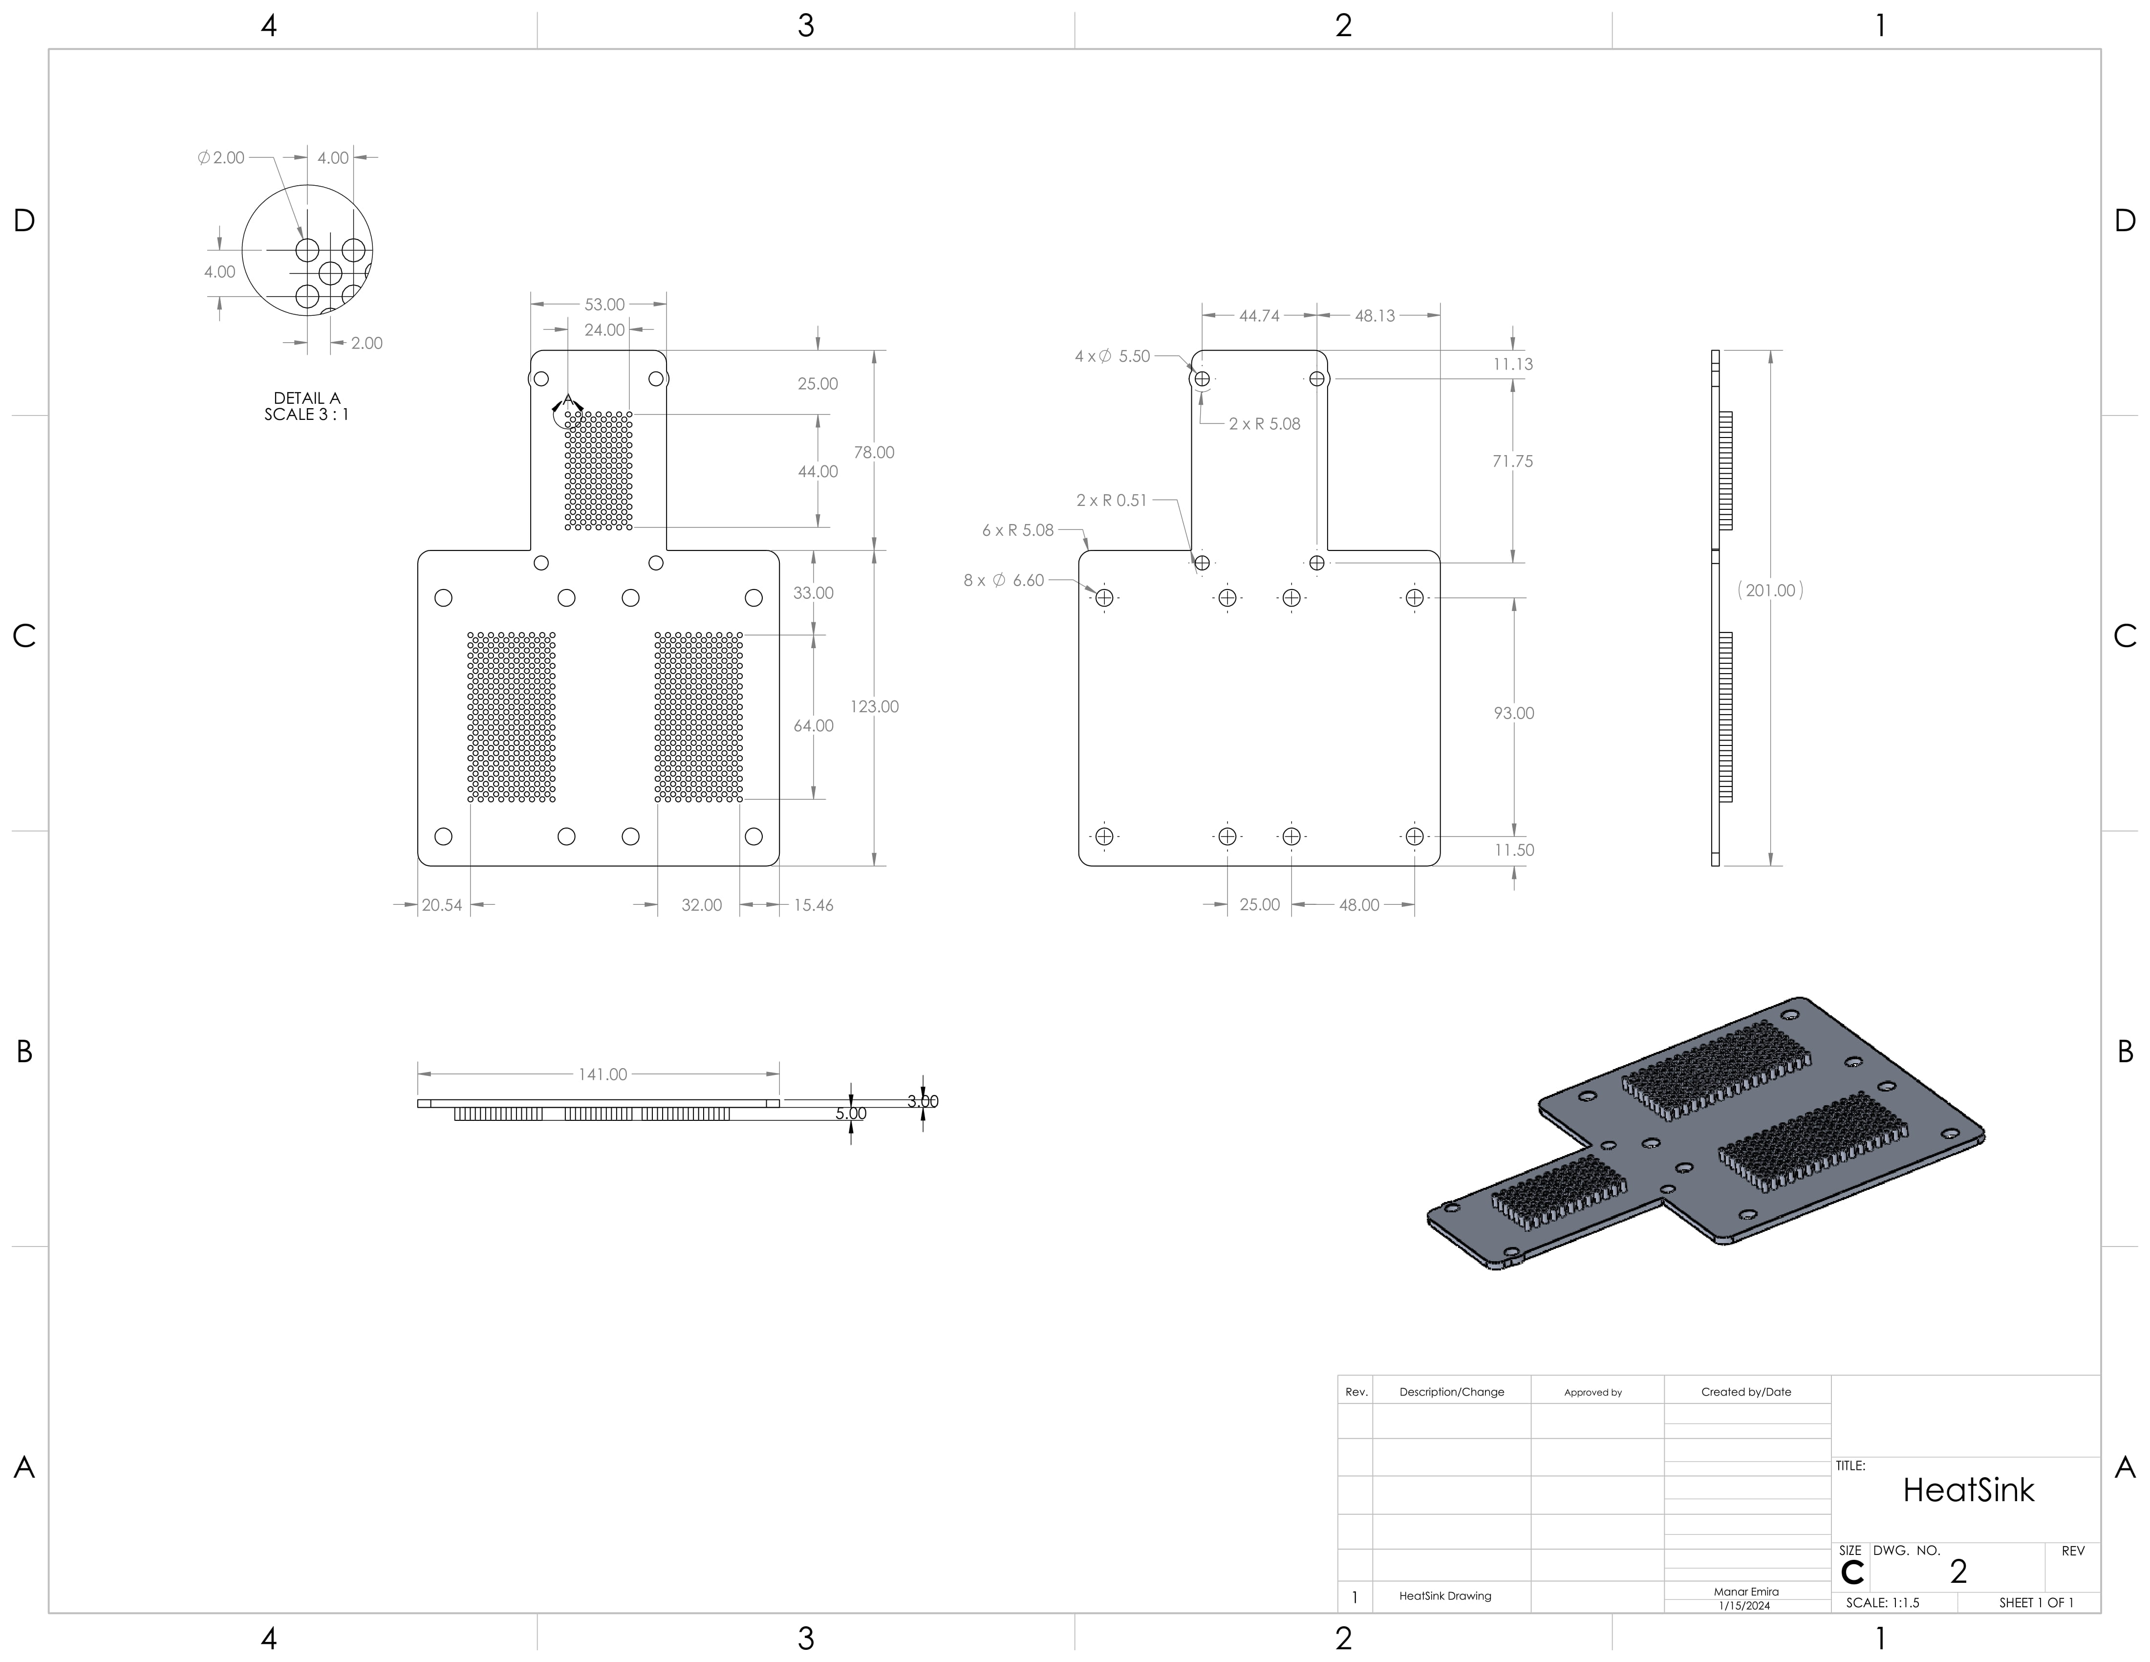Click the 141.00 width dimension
tap(602, 1074)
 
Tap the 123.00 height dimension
tap(874, 707)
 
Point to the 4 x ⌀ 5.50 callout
tap(1113, 356)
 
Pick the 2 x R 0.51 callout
tap(1112, 500)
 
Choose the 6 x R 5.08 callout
tap(1018, 530)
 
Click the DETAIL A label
tap(307, 398)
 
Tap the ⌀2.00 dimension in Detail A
tap(221, 157)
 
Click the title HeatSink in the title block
tap(1968, 1490)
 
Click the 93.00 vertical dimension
tap(1513, 713)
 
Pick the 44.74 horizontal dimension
tap(1259, 316)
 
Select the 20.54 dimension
tap(442, 905)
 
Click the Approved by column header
tap(1593, 1392)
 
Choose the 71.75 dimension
tap(1512, 461)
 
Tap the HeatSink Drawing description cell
tap(1445, 1596)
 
